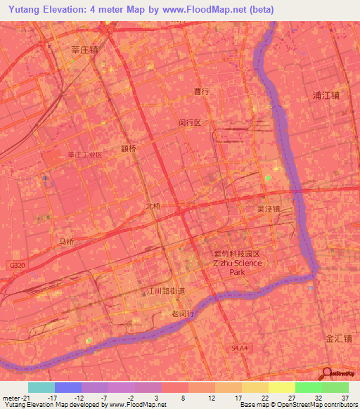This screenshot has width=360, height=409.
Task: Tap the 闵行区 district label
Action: [190, 122]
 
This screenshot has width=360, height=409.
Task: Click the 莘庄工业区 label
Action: [85, 155]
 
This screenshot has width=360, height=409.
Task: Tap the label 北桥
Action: [153, 206]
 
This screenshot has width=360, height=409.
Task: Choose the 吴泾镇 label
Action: [269, 209]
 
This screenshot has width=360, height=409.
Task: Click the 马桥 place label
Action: [66, 242]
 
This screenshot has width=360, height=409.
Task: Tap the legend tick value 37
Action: [345, 398]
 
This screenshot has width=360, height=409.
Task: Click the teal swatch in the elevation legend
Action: [41, 387]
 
